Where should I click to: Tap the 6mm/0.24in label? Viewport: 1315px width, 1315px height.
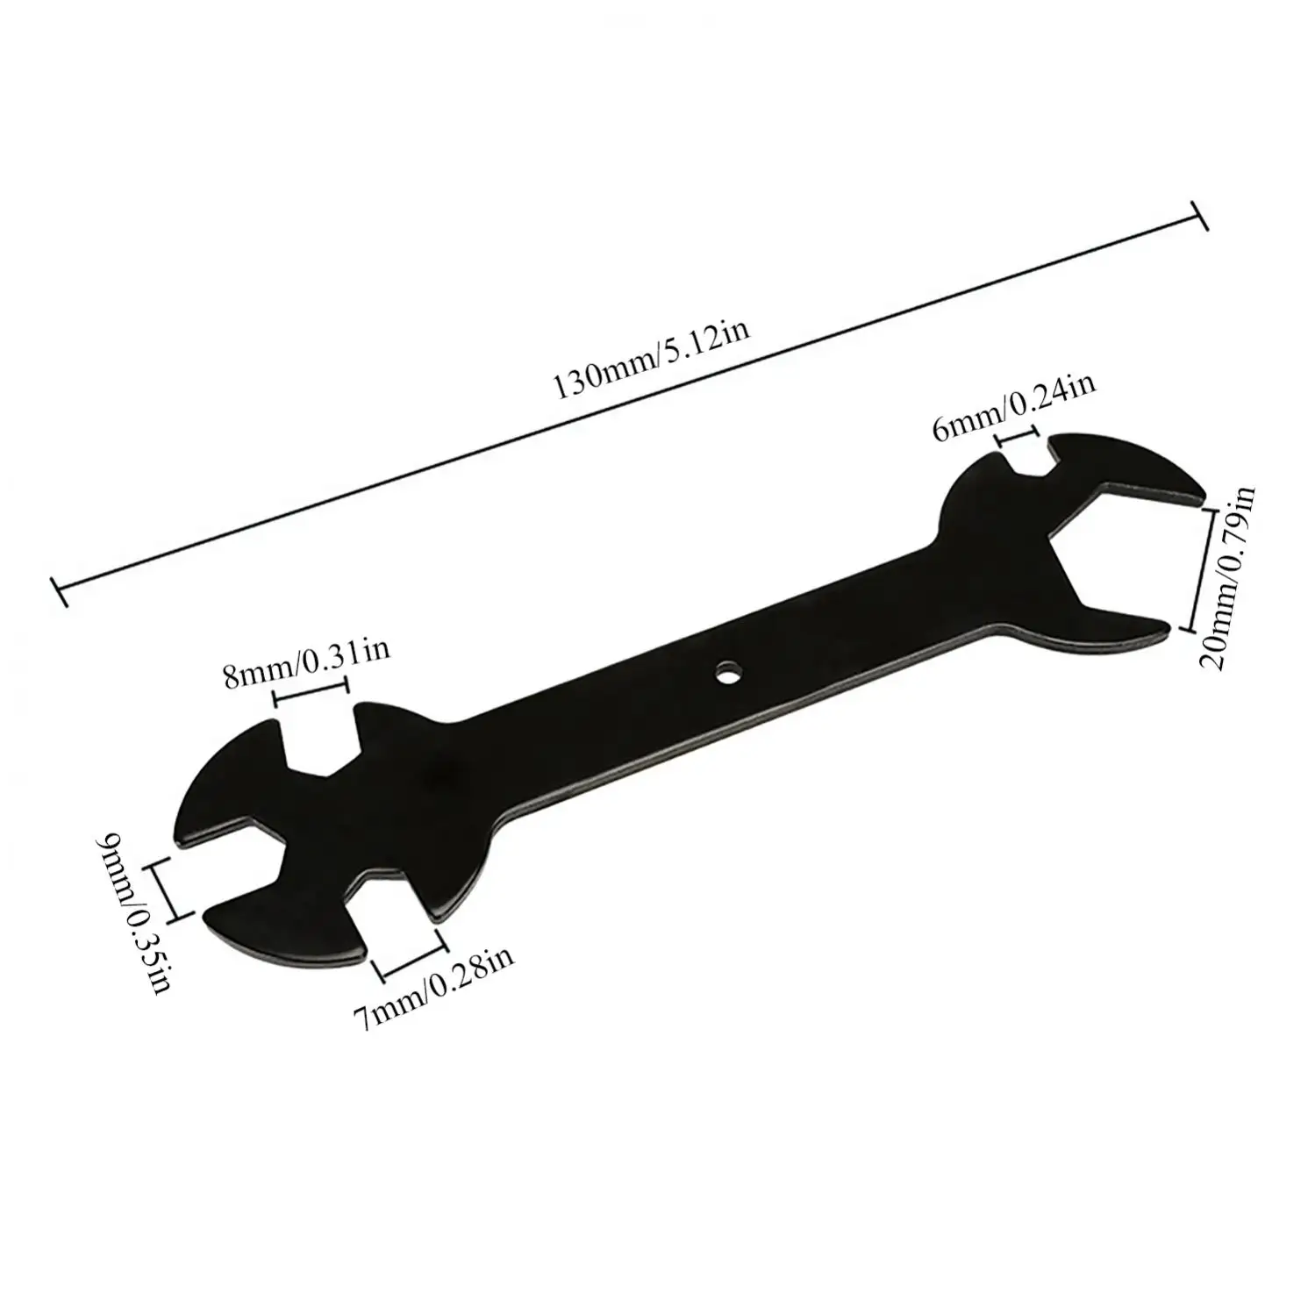tap(1014, 408)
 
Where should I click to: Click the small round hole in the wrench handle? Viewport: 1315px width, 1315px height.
tap(726, 673)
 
